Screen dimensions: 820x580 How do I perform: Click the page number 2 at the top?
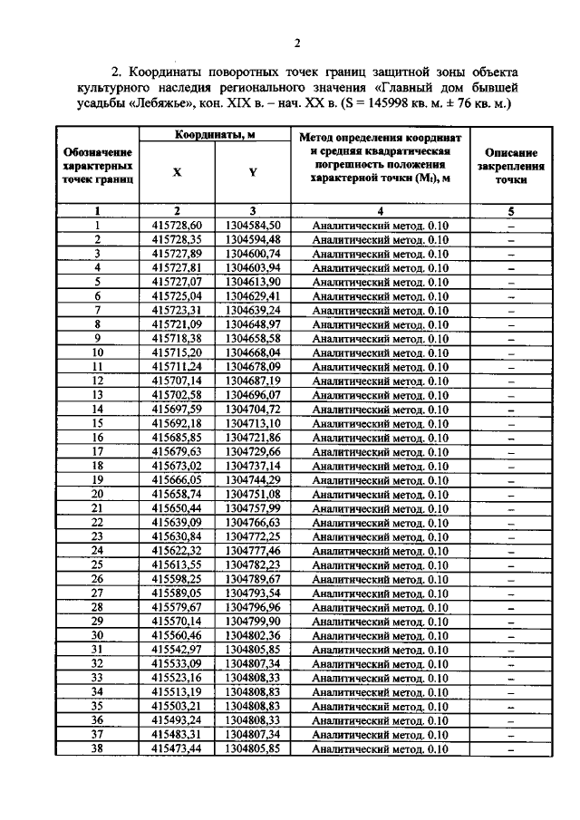point(296,43)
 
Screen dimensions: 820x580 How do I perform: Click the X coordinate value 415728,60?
point(177,225)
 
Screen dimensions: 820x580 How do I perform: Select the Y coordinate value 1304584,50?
point(253,225)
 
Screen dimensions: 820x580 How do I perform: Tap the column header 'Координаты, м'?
point(214,135)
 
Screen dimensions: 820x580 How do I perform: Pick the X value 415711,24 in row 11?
point(177,366)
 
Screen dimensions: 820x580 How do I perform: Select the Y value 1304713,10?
point(253,422)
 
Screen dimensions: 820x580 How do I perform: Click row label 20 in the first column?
point(97,493)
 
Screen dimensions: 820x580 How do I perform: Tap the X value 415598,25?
point(177,578)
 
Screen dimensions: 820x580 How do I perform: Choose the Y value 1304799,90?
point(253,621)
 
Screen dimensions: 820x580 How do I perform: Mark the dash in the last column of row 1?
point(511,225)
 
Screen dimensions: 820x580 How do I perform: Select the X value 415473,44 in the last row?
point(177,748)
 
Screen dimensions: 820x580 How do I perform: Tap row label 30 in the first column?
point(97,635)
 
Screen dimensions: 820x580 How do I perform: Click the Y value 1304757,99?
point(253,507)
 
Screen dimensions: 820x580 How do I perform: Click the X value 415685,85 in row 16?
point(177,437)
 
